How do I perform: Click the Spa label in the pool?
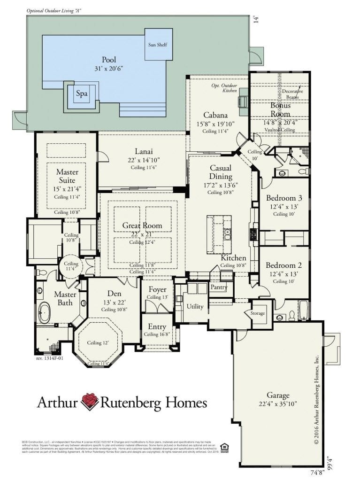click(x=82, y=93)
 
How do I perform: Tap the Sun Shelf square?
click(x=159, y=44)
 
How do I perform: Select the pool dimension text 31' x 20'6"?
click(x=109, y=69)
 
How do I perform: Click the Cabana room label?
click(x=215, y=115)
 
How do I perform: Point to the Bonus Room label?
click(x=280, y=109)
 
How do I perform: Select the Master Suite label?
click(x=67, y=176)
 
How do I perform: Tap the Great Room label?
click(x=142, y=225)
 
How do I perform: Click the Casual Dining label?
click(x=221, y=172)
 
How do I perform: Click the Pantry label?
click(x=219, y=287)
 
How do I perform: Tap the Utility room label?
click(x=195, y=306)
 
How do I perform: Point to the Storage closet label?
click(x=257, y=313)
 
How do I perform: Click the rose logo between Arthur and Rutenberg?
click(x=89, y=402)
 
